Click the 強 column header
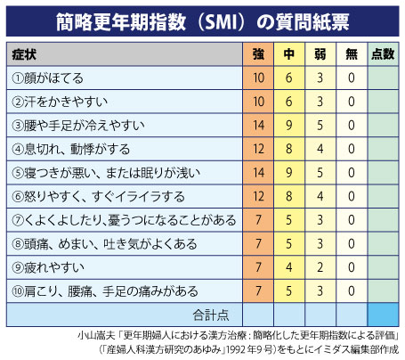click(x=258, y=54)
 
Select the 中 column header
click(x=289, y=54)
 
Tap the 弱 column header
click(x=320, y=54)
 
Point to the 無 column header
click(x=352, y=54)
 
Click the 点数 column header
click(x=383, y=54)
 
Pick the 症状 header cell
click(x=24, y=54)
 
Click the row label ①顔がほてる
click(x=47, y=78)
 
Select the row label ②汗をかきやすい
click(x=60, y=102)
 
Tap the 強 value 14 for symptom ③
click(x=258, y=125)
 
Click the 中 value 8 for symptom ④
click(x=289, y=149)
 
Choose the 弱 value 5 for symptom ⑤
click(x=320, y=173)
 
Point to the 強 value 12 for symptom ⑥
click(x=258, y=196)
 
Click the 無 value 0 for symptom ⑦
click(x=352, y=220)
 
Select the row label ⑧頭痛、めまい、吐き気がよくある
click(x=104, y=244)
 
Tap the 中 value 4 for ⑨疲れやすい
click(x=289, y=267)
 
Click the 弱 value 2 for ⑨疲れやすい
click(x=320, y=267)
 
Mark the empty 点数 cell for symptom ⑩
click(x=383, y=291)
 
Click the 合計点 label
click(x=211, y=315)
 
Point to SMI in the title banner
click(x=221, y=22)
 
